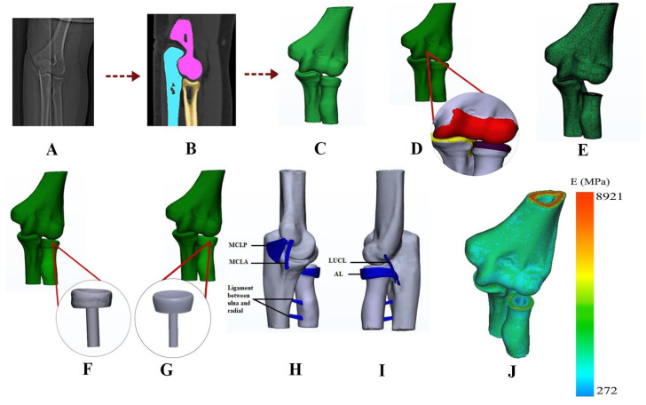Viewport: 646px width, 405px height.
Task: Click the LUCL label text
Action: click(359, 260)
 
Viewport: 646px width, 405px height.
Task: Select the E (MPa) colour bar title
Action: click(608, 183)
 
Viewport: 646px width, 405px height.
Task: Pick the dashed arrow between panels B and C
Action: click(255, 64)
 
